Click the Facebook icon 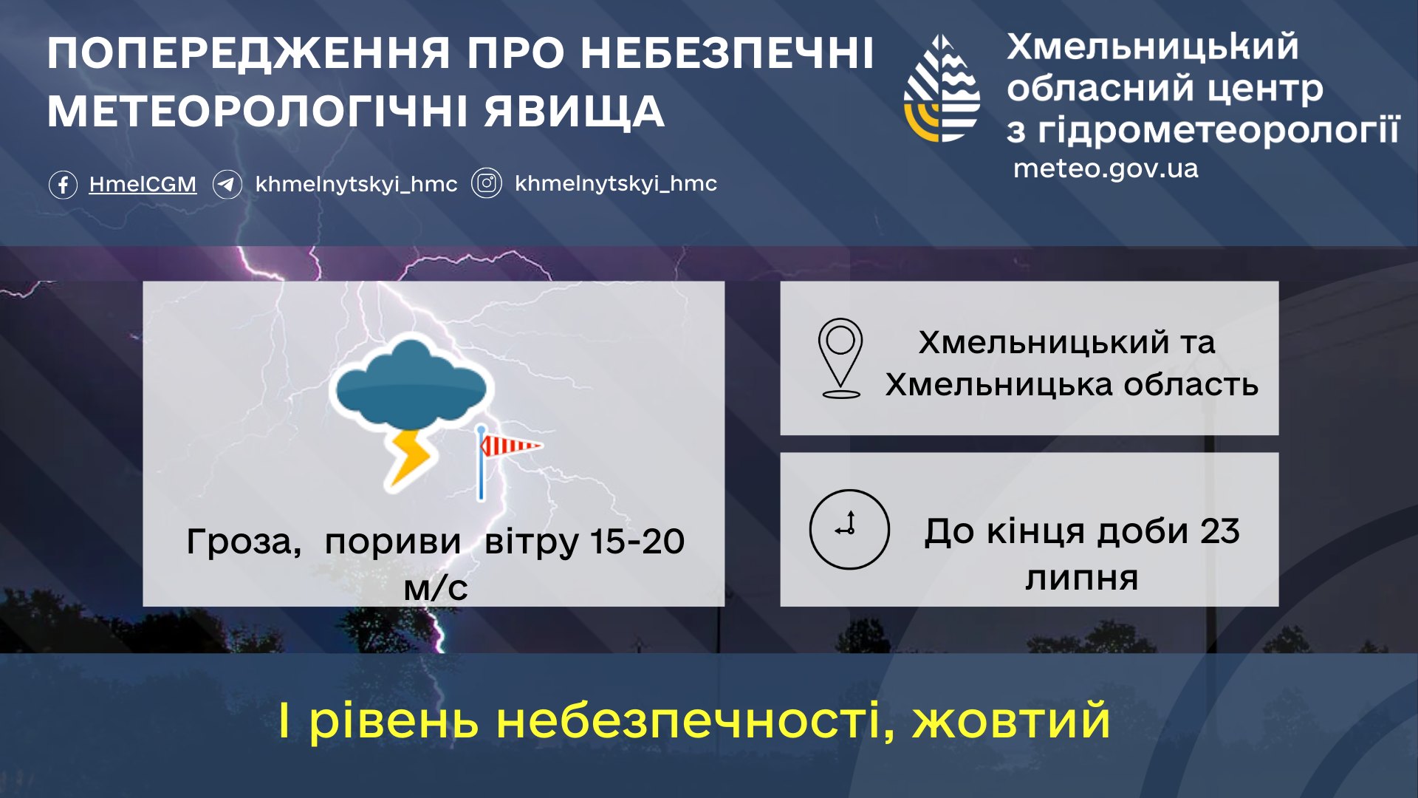click(63, 184)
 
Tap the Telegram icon click(227, 184)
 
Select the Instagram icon click(487, 183)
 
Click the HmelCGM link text click(143, 184)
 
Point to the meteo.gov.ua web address click(1106, 168)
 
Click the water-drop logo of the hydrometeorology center click(942, 89)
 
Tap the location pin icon click(840, 358)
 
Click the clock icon click(849, 529)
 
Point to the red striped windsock click(510, 446)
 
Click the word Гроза click(242, 542)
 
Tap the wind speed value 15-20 click(637, 542)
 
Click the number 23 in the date click(1219, 531)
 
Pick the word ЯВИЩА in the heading click(574, 112)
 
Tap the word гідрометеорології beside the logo click(1218, 130)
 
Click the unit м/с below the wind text click(436, 588)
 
